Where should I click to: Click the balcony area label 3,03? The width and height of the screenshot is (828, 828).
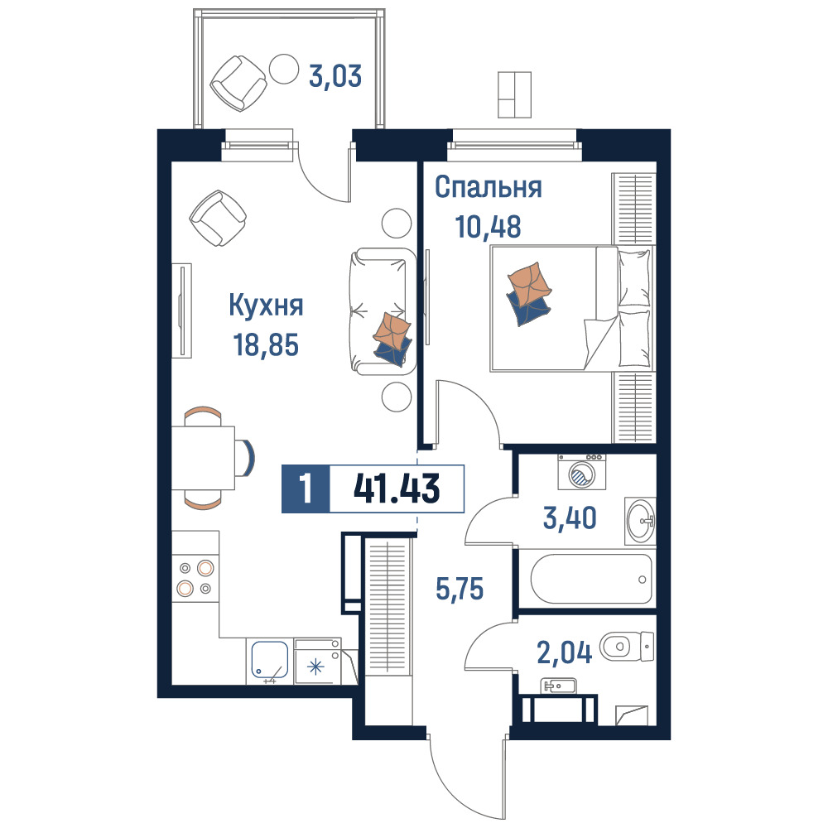click(335, 75)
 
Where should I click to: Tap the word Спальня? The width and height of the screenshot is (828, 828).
click(489, 187)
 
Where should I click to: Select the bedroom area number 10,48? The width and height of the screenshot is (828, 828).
click(488, 227)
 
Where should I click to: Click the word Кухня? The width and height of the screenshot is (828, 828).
click(266, 306)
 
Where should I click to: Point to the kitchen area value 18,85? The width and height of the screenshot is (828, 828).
click(266, 344)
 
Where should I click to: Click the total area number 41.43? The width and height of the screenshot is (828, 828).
click(397, 489)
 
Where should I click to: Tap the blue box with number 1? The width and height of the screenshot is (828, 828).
click(306, 489)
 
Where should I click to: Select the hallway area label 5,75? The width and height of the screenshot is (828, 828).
click(460, 588)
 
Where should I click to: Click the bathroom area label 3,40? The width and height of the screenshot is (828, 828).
click(570, 517)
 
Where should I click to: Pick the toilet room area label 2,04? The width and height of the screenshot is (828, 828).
click(565, 652)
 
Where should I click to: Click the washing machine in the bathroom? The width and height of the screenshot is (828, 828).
click(582, 472)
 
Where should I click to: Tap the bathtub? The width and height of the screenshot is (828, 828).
click(591, 579)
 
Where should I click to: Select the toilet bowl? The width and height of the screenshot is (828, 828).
click(627, 646)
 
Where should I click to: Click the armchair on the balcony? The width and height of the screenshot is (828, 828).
click(238, 83)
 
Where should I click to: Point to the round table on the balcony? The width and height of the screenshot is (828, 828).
click(284, 70)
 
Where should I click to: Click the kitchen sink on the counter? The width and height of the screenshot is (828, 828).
click(270, 661)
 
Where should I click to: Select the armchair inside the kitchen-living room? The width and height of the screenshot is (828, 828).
click(218, 218)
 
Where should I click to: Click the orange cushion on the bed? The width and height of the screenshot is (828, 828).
click(529, 285)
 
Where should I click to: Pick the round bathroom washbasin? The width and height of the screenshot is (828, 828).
click(639, 521)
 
